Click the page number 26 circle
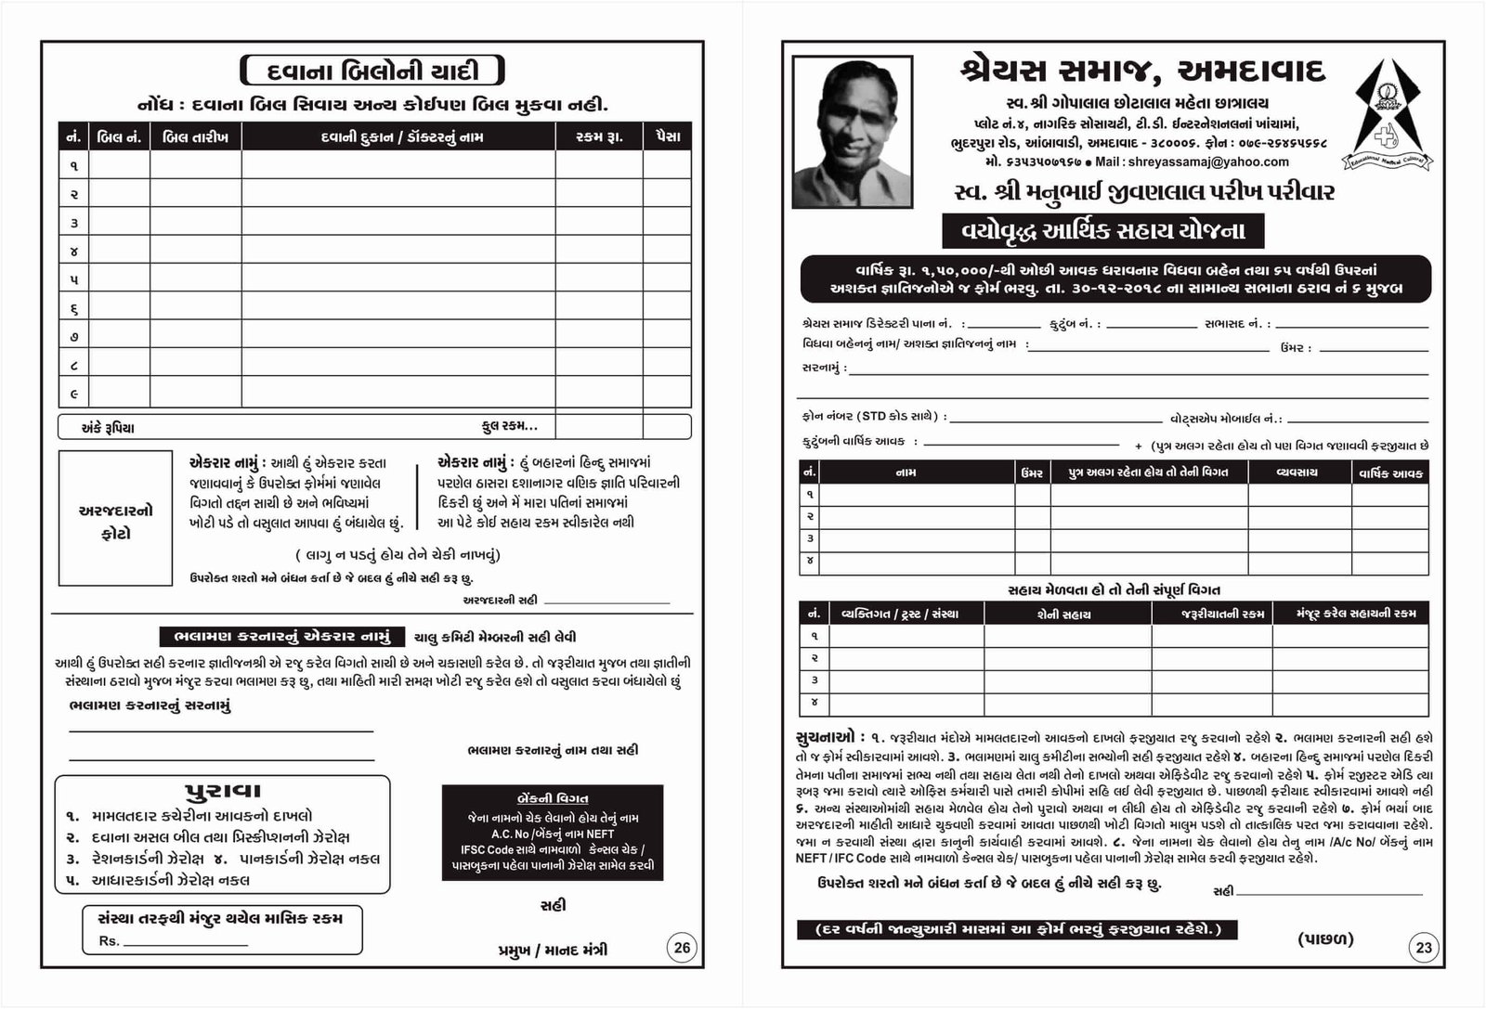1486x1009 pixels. point(683,947)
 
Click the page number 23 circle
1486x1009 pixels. point(1424,948)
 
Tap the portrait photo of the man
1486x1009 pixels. point(852,131)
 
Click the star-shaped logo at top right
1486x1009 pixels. point(1388,115)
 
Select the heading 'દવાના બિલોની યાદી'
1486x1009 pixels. point(372,71)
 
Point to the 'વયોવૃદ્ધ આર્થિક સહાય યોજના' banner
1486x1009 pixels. point(1103,231)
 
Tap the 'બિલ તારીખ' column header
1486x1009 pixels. point(195,137)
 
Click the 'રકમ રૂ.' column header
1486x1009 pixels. point(599,137)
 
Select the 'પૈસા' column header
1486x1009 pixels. point(667,137)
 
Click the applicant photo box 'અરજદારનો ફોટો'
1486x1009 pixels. point(116,518)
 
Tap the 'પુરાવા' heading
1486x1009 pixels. point(223,791)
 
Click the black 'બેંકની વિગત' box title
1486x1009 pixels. point(553,798)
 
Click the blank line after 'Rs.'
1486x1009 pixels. point(186,943)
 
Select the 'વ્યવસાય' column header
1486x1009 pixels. point(1298,472)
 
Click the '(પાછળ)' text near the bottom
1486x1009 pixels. point(1325,939)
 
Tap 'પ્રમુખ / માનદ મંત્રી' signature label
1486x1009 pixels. point(553,950)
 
